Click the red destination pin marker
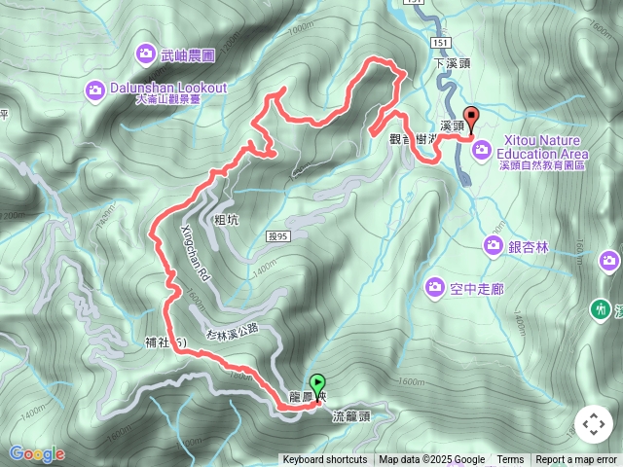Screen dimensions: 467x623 [472, 120]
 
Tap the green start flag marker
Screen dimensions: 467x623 [316, 383]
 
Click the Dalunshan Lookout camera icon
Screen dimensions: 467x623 [95, 90]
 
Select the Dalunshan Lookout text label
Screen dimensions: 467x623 [166, 88]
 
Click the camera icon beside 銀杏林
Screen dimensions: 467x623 [494, 246]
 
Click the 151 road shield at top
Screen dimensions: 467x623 [417, 4]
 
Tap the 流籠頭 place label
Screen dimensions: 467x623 [351, 415]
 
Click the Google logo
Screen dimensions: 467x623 [37, 453]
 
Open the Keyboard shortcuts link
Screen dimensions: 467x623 [325, 460]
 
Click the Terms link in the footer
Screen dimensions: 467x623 [510, 460]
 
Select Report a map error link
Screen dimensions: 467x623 [576, 460]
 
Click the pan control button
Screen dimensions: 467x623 [593, 424]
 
